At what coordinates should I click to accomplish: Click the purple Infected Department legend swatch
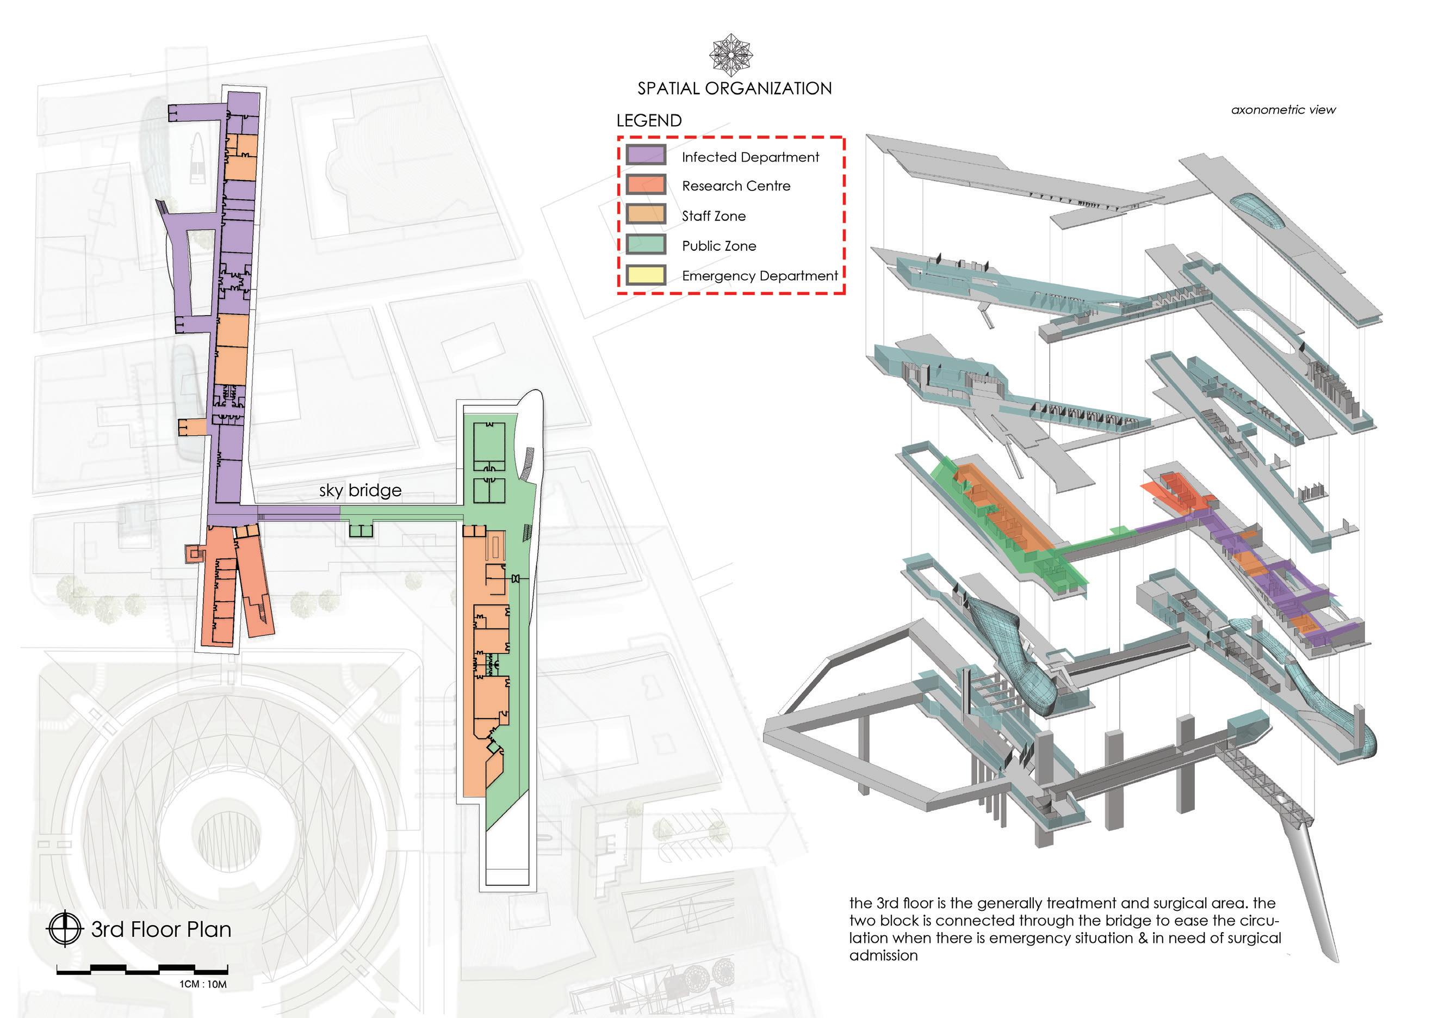tap(646, 156)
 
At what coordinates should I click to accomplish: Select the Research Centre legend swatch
tap(646, 185)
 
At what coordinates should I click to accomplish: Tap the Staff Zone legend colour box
tap(646, 214)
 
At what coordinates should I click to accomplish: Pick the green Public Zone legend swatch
tap(646, 244)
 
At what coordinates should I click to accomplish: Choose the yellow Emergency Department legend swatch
tap(646, 275)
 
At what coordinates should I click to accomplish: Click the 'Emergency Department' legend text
tap(760, 276)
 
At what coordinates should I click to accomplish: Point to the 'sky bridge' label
tap(361, 490)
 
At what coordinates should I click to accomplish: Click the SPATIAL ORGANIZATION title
tap(735, 88)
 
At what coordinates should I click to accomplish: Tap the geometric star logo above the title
tap(731, 55)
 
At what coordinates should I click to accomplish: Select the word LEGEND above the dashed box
tap(649, 120)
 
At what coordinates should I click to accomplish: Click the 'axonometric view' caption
tap(1283, 110)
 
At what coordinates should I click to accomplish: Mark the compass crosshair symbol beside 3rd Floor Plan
tap(65, 928)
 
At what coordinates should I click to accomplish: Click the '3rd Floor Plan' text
tap(161, 929)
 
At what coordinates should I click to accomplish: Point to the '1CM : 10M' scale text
tap(203, 984)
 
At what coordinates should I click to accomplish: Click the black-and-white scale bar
tap(142, 970)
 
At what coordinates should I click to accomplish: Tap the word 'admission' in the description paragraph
tap(883, 955)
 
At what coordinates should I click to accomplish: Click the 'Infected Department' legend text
tap(750, 157)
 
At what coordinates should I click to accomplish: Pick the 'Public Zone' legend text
tap(719, 246)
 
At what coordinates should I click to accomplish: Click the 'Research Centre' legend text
tap(736, 186)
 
